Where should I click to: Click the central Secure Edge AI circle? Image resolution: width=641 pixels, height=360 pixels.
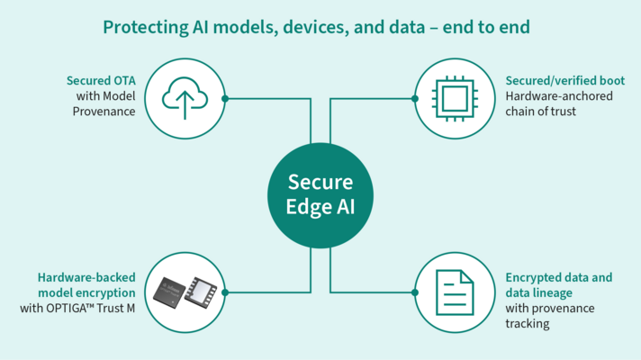click(321, 192)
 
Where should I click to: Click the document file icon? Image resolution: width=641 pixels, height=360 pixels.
click(455, 292)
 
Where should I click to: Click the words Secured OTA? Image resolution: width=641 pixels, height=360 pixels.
click(100, 81)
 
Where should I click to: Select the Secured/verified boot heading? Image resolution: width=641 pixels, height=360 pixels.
click(564, 81)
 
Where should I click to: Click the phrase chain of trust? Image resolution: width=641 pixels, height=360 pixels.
click(540, 112)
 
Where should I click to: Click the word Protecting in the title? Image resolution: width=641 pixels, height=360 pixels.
click(140, 27)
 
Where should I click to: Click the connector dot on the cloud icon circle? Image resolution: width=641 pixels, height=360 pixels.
click(224, 98)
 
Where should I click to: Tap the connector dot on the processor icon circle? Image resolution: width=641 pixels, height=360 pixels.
click(416, 98)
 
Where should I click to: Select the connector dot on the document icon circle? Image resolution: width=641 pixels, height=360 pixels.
click(416, 292)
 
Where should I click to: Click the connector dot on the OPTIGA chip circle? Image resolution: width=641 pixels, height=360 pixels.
click(224, 292)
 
